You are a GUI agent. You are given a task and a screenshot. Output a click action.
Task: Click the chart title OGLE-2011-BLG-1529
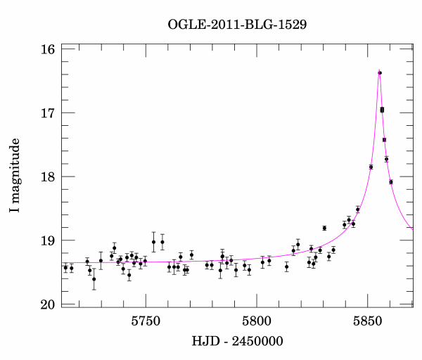237,25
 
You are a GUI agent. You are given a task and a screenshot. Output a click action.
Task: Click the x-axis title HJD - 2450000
237,342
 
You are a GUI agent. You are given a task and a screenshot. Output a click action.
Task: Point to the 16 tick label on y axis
48,50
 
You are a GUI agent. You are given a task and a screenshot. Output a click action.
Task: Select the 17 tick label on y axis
48,113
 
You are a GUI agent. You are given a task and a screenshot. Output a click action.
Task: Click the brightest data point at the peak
380,72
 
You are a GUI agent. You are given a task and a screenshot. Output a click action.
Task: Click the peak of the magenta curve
379,70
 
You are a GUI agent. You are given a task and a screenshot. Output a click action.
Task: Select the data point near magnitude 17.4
384,140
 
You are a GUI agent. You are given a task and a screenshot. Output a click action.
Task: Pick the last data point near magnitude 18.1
391,182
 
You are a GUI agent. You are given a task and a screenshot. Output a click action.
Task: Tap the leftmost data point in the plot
65,268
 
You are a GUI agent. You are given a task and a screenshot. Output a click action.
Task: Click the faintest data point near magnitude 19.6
94,279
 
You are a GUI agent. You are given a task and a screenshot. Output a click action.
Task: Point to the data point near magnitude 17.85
371,167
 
